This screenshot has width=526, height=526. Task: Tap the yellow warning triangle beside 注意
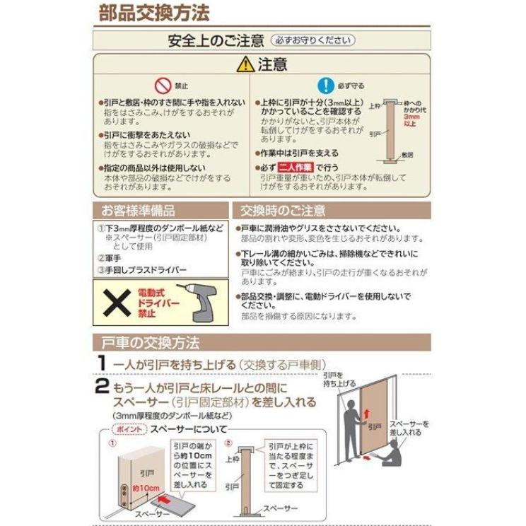[x=245, y=64]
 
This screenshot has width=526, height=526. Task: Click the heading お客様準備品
[x=139, y=211]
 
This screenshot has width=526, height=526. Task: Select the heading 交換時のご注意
[x=283, y=211]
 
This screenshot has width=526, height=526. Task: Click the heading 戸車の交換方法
[x=147, y=344]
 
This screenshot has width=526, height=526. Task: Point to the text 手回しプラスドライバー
[x=146, y=270]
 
